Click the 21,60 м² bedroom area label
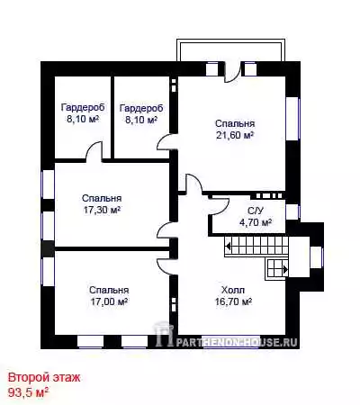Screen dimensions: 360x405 (x=235, y=135)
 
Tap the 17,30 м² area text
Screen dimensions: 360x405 (x=102, y=210)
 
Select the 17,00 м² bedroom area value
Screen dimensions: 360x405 (x=109, y=301)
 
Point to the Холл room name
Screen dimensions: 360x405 (x=233, y=290)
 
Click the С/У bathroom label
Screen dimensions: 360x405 (x=256, y=211)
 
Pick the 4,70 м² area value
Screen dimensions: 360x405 (x=256, y=222)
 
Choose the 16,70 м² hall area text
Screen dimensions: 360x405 (x=233, y=301)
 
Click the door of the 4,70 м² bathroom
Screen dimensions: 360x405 (x=220, y=204)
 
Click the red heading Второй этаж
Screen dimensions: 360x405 (x=44, y=378)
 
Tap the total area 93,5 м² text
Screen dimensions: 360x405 (x=29, y=392)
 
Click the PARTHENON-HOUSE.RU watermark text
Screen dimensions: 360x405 (x=237, y=342)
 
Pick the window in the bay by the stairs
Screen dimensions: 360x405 (x=317, y=256)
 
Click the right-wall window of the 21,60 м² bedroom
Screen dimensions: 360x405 (x=292, y=118)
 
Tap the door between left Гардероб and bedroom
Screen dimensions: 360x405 (x=94, y=151)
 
